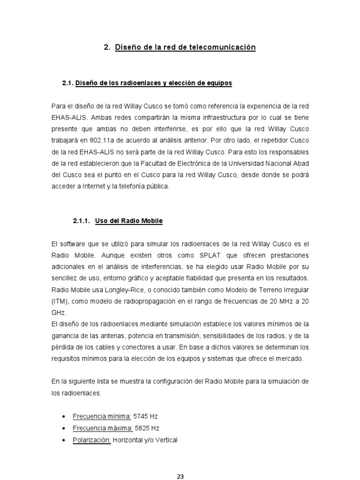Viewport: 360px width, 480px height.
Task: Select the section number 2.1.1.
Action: [x=83, y=220]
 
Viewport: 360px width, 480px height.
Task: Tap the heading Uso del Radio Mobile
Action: [x=128, y=220]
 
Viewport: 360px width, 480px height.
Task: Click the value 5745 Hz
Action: [x=149, y=416]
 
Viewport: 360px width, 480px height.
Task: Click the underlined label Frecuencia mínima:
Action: [x=102, y=416]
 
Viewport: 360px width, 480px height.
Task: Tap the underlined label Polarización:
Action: [x=92, y=440]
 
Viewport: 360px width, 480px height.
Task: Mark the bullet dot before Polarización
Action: [x=64, y=440]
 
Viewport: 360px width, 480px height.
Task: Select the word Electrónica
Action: [x=185, y=163]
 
